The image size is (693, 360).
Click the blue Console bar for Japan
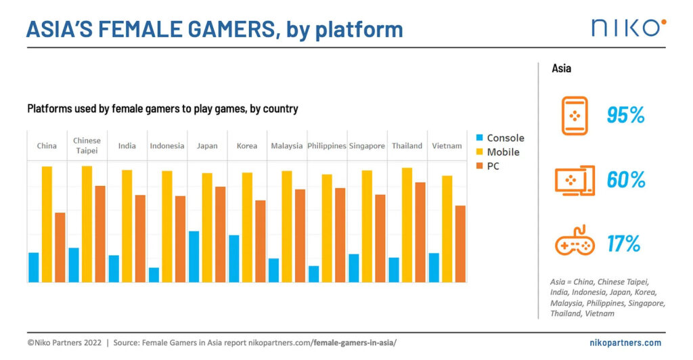coord(194,256)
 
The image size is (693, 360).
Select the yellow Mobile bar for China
coord(47,224)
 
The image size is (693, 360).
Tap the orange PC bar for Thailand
coord(420,232)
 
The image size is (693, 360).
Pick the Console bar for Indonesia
coord(154,275)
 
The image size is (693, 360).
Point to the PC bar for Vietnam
coord(460,244)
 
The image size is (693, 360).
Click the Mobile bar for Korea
coord(247,227)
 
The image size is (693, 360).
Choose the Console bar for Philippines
coord(314,274)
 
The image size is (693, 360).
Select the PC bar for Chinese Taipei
coord(100,233)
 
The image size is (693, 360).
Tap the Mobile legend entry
coord(497,152)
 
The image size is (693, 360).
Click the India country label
coord(127,145)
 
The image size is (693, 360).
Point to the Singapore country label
coord(367,145)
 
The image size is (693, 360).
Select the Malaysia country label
coord(287,145)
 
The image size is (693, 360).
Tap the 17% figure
coord(623,244)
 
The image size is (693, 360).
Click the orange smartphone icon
coord(574,115)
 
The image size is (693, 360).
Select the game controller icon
coord(575,242)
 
